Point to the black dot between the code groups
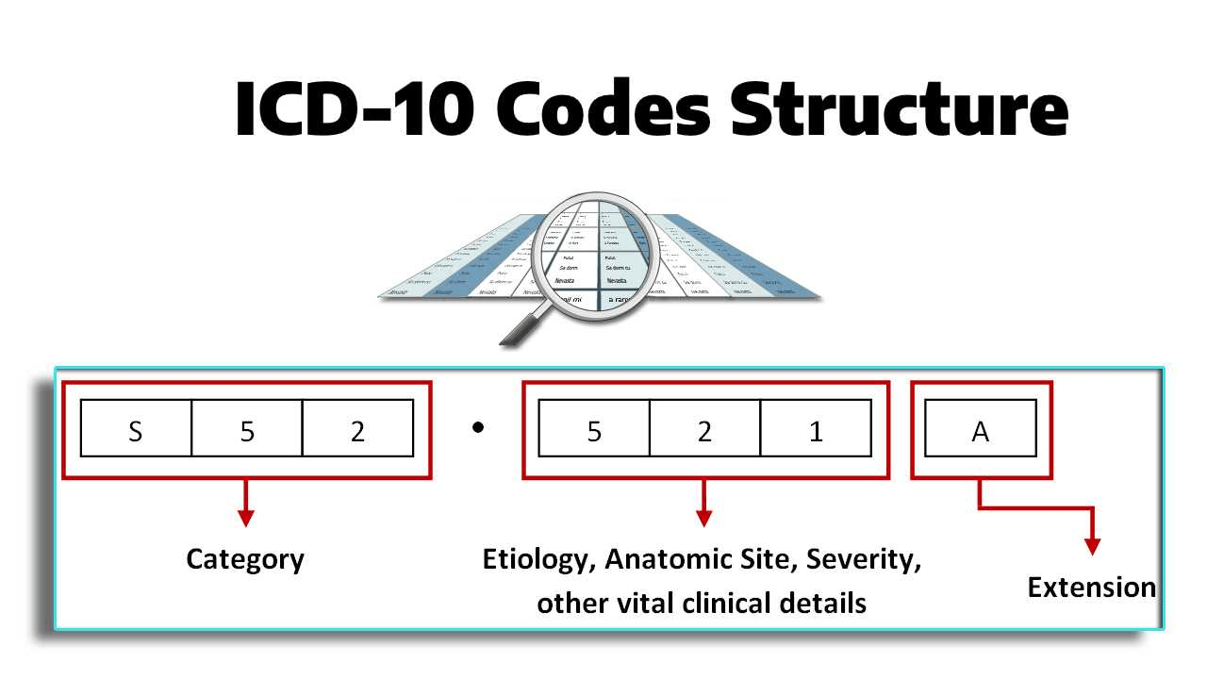[478, 427]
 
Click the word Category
[245, 559]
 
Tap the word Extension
[1091, 588]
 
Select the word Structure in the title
[900, 108]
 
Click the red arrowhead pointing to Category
[245, 518]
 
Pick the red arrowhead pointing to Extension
[1092, 546]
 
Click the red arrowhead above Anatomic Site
[703, 518]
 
